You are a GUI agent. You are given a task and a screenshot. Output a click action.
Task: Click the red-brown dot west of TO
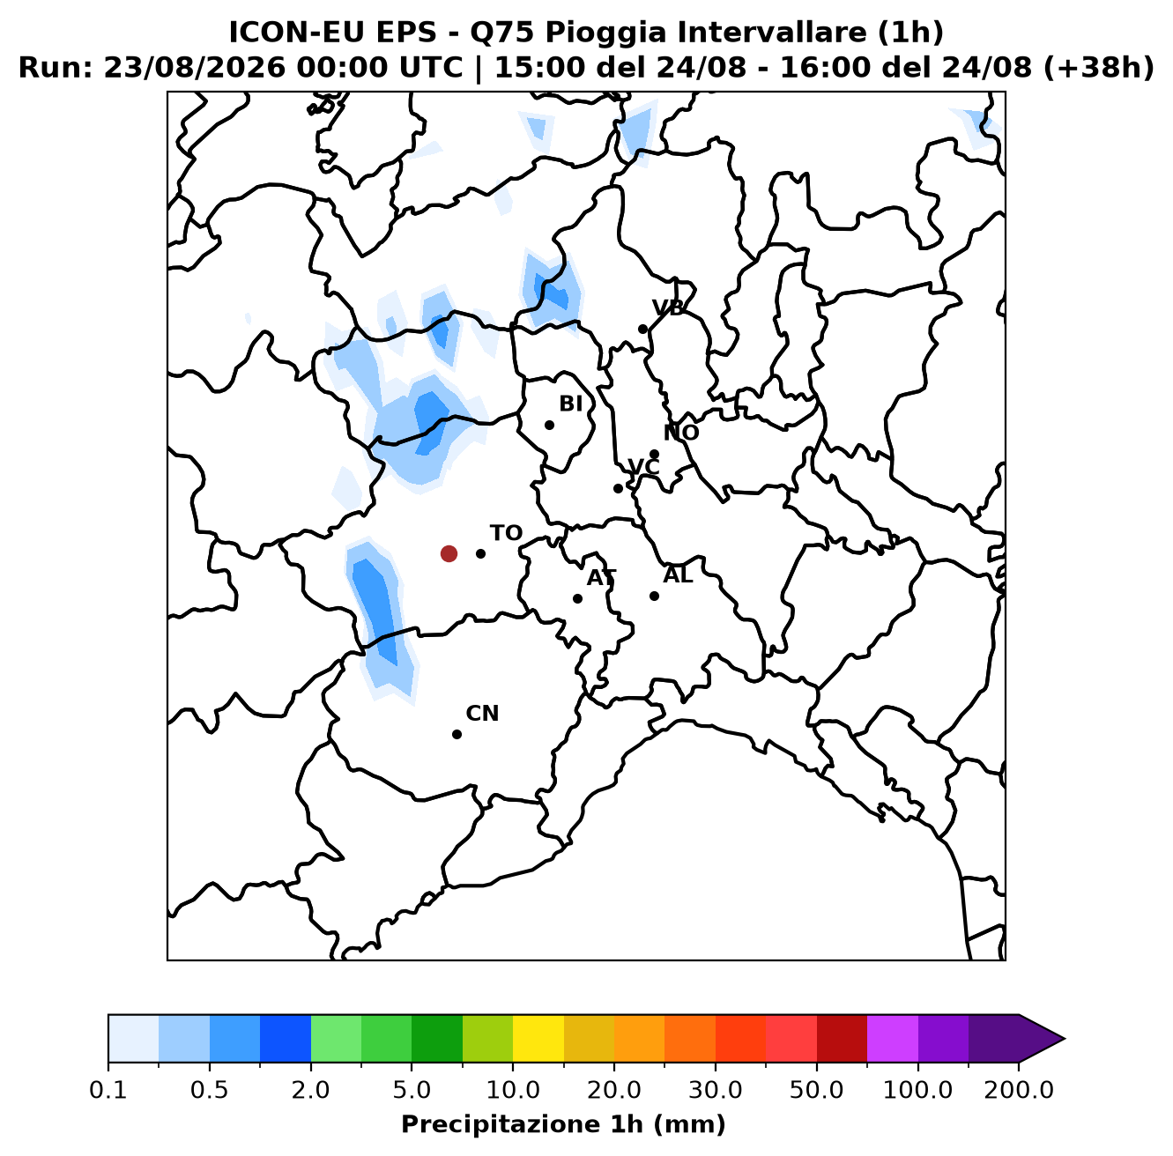click(x=449, y=553)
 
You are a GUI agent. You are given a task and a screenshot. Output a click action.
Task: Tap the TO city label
click(x=506, y=533)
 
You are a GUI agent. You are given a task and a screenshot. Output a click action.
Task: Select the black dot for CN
click(x=457, y=734)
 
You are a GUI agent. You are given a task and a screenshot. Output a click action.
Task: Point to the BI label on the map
click(x=570, y=404)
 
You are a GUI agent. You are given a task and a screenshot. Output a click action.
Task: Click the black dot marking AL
click(x=654, y=596)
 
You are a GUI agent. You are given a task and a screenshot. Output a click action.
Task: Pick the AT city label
click(x=601, y=578)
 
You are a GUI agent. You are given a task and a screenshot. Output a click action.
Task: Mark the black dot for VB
click(x=642, y=330)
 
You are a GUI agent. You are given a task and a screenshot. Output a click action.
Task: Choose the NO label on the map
click(x=680, y=433)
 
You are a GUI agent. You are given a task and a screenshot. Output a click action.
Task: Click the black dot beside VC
click(x=618, y=488)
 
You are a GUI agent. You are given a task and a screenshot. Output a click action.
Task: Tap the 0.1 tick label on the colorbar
click(x=108, y=1089)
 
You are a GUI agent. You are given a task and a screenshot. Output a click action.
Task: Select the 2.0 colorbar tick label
click(x=310, y=1089)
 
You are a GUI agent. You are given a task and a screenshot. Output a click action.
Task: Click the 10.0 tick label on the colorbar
click(x=513, y=1089)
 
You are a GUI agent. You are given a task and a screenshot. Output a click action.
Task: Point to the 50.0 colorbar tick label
click(x=816, y=1089)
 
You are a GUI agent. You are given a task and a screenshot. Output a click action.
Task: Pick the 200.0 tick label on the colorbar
click(x=1019, y=1089)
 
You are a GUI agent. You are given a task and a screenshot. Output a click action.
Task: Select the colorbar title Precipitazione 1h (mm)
click(x=563, y=1123)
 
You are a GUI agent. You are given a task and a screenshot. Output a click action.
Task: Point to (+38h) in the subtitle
click(x=1098, y=68)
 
